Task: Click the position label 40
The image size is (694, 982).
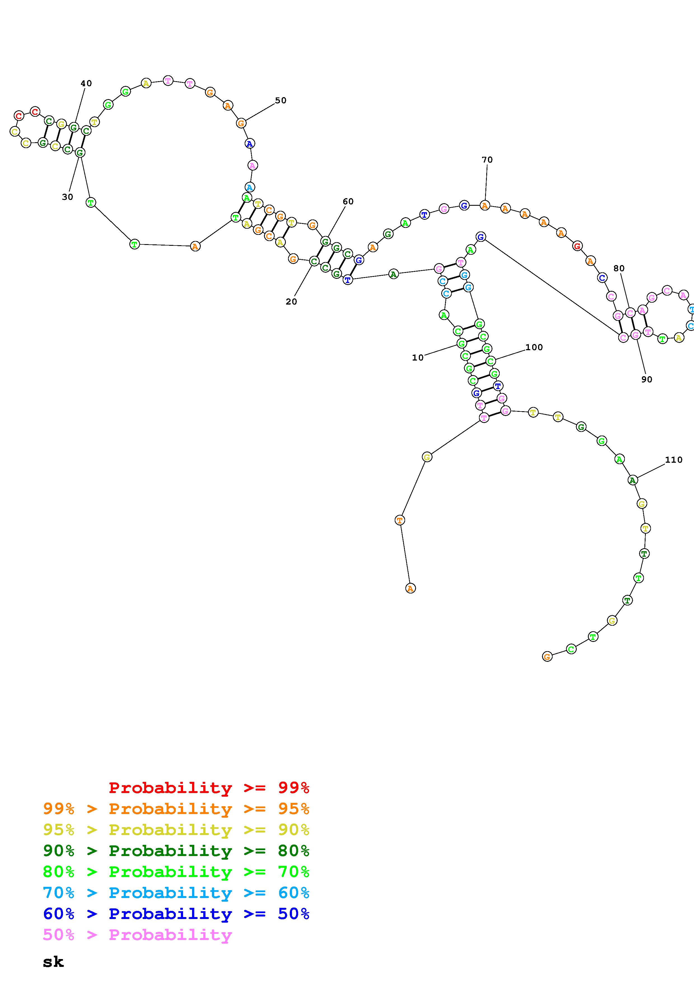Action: [87, 83]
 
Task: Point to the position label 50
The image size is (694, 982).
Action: [281, 100]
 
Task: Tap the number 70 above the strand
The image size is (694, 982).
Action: [487, 160]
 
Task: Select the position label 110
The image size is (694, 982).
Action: [674, 460]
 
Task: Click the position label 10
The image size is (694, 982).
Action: [418, 357]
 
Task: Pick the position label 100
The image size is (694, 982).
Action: [534, 347]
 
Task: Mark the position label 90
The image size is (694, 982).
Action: [647, 379]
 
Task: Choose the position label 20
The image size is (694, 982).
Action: [291, 301]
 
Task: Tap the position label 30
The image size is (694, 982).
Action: [67, 197]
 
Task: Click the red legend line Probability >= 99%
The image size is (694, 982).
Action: [209, 788]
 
